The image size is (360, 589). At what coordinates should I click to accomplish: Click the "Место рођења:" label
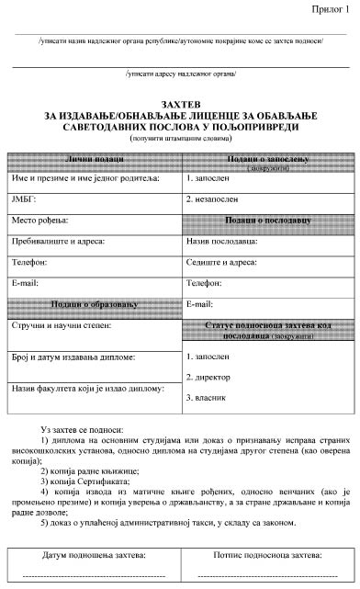coord(39,221)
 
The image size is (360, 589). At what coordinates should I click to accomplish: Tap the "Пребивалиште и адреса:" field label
coord(58,242)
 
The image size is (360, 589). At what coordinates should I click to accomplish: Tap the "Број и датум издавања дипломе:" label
coord(73,357)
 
